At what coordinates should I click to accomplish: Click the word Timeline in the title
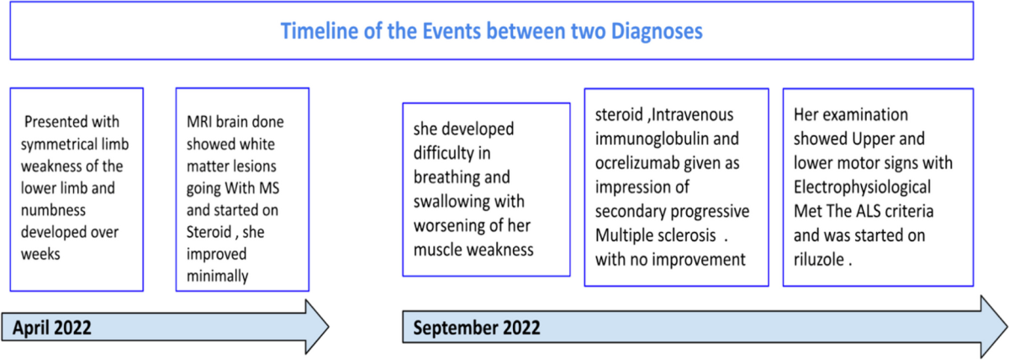coord(320,31)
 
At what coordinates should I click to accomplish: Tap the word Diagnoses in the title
coord(657,31)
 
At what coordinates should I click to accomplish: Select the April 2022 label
coord(52,327)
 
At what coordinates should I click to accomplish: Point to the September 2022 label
coord(477,327)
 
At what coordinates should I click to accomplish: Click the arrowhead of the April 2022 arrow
coord(318,326)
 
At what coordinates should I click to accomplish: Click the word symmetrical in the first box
coord(61,145)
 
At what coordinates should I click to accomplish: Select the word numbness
coord(53,210)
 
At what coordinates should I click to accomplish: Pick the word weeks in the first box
coord(40,254)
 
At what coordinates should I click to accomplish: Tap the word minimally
coord(217,276)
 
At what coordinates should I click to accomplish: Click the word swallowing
coord(452,202)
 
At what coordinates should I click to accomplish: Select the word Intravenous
coord(692,115)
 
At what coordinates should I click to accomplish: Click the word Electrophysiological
coord(862,188)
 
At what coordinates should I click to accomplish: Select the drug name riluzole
coord(819,260)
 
